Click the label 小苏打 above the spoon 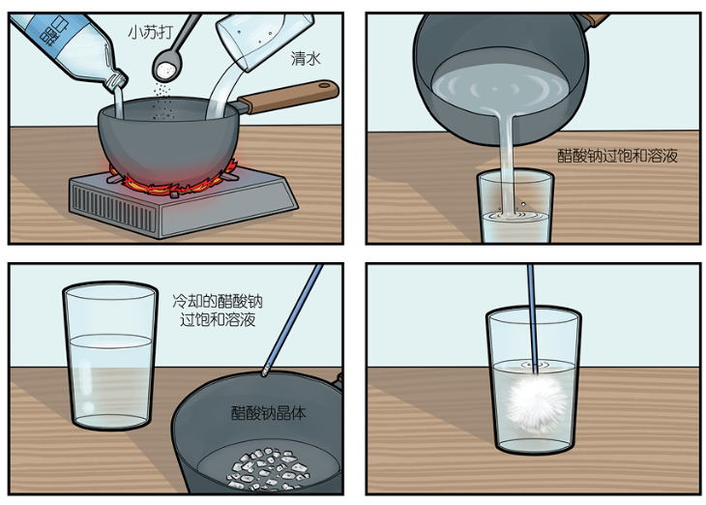(x=150, y=32)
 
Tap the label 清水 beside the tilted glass (x=306, y=58)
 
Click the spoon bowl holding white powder (x=167, y=67)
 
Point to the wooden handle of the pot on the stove (x=288, y=96)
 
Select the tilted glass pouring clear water (x=264, y=40)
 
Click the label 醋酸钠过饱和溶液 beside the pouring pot (x=617, y=156)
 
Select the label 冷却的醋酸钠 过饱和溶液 (x=218, y=310)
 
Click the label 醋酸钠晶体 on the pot (x=268, y=413)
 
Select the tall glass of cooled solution (x=110, y=356)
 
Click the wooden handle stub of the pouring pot (x=594, y=19)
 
